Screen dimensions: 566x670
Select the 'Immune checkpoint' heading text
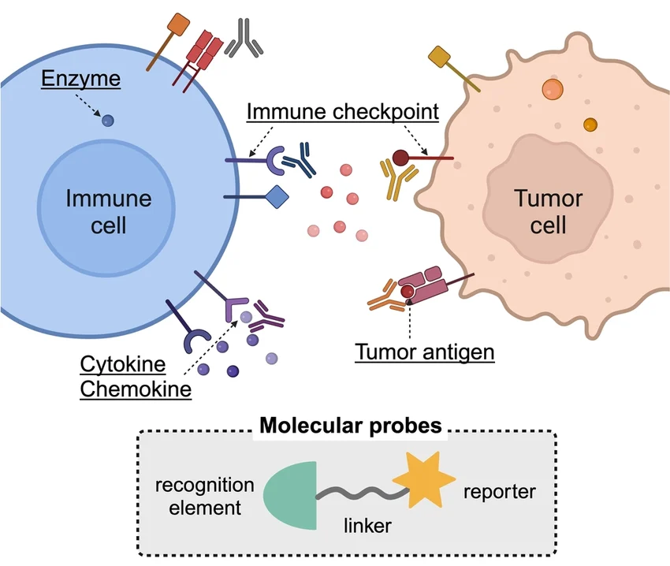point(342,111)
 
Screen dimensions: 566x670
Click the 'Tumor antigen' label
point(424,351)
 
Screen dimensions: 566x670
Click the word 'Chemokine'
point(136,389)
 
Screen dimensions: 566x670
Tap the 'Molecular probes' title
point(351,426)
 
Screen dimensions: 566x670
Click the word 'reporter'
point(500,492)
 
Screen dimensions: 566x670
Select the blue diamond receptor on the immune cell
point(278,196)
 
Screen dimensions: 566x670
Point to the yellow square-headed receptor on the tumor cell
point(438,57)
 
